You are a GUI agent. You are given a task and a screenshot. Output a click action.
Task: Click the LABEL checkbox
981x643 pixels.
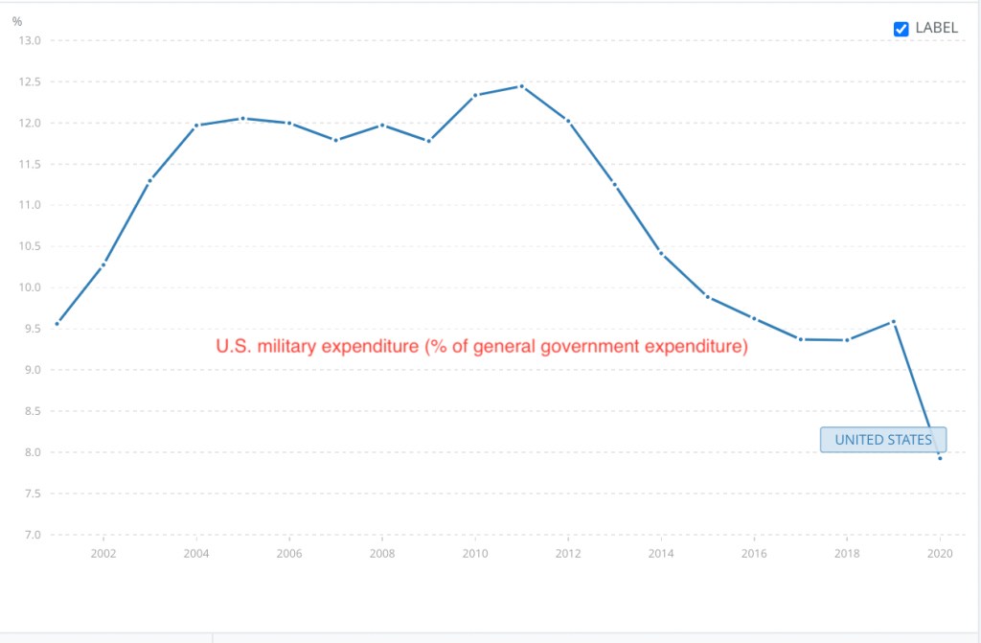(901, 29)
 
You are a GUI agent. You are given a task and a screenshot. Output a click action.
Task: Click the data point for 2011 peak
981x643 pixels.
(521, 86)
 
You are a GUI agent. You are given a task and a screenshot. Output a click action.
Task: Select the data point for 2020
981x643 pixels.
(940, 458)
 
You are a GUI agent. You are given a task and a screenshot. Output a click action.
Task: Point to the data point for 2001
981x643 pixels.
(57, 324)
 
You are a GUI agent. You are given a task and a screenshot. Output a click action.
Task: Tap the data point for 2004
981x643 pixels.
(196, 126)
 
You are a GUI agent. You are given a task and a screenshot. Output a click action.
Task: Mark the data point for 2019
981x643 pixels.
(893, 322)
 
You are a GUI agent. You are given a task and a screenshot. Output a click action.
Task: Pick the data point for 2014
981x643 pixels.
(661, 253)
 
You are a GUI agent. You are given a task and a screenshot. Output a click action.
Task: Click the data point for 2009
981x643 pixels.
(428, 141)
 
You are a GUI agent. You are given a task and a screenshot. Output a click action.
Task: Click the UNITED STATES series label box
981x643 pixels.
(882, 440)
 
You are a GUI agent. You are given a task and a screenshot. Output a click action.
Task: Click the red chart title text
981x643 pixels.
(481, 347)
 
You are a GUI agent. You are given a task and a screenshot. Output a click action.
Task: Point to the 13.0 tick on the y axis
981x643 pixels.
(30, 41)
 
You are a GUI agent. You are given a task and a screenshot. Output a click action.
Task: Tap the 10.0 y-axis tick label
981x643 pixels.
(30, 287)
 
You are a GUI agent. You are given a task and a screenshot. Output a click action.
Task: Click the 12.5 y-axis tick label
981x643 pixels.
(30, 82)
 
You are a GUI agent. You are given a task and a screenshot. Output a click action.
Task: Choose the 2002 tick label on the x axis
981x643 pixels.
(103, 554)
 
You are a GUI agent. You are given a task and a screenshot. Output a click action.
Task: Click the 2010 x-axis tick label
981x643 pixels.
(475, 554)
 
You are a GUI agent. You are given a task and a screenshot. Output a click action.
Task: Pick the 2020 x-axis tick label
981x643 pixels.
(940, 554)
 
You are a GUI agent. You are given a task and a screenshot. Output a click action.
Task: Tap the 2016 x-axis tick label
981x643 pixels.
(754, 554)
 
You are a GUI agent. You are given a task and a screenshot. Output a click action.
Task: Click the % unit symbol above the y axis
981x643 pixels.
(17, 21)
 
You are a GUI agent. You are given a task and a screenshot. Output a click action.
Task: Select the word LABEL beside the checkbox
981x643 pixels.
(936, 28)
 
